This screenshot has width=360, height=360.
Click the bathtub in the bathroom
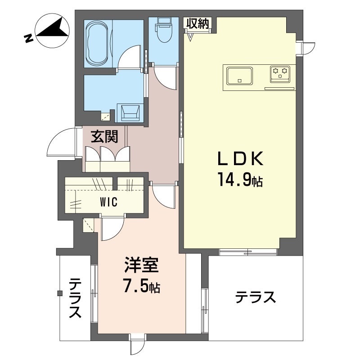pos(98,44)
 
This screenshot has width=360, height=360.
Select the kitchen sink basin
pos(239,76)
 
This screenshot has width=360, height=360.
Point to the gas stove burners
pos(280,74)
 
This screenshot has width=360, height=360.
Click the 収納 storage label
pos(197,24)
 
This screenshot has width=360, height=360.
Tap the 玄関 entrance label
pos(105,137)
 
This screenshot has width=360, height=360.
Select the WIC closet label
pos(109,202)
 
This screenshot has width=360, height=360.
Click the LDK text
pos(240,159)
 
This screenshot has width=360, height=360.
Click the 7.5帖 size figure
pos(142,286)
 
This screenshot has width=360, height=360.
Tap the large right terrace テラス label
pos(255,297)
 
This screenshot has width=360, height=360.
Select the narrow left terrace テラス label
pos(75,298)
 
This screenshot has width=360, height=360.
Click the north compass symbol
pos(52,30)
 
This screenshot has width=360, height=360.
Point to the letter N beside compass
pos(29,38)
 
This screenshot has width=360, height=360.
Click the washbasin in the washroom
pos(130,112)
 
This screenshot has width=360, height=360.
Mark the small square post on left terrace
pos(60,293)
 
